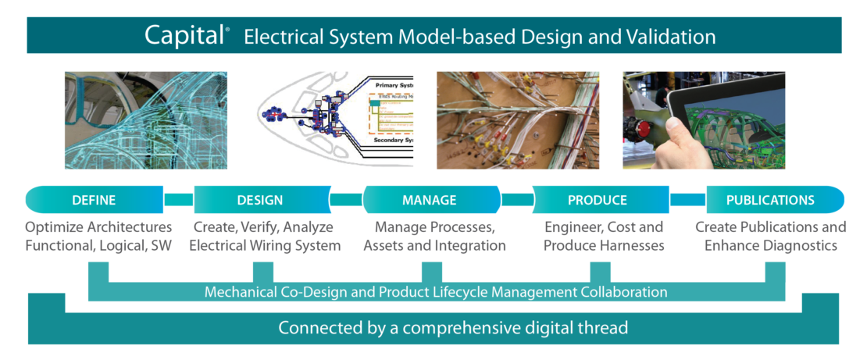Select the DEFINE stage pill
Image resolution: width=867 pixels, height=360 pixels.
click(x=94, y=200)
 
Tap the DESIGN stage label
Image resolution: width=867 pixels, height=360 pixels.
click(x=260, y=200)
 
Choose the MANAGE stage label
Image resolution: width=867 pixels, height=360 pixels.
click(x=429, y=200)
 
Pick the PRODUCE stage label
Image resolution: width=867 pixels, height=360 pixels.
click(x=598, y=200)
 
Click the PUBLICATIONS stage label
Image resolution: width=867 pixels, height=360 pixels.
click(x=770, y=200)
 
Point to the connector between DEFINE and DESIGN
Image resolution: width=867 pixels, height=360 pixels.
click(x=179, y=200)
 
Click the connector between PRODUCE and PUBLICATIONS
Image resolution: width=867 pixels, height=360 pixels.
click(x=687, y=200)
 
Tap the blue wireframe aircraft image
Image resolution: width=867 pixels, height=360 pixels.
click(x=145, y=120)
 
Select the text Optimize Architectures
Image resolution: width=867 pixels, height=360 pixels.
click(x=98, y=227)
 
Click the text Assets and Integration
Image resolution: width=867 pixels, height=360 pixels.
click(x=434, y=245)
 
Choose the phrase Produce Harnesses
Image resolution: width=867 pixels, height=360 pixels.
click(x=603, y=245)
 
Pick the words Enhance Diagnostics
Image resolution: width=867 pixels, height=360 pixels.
click(x=770, y=245)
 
